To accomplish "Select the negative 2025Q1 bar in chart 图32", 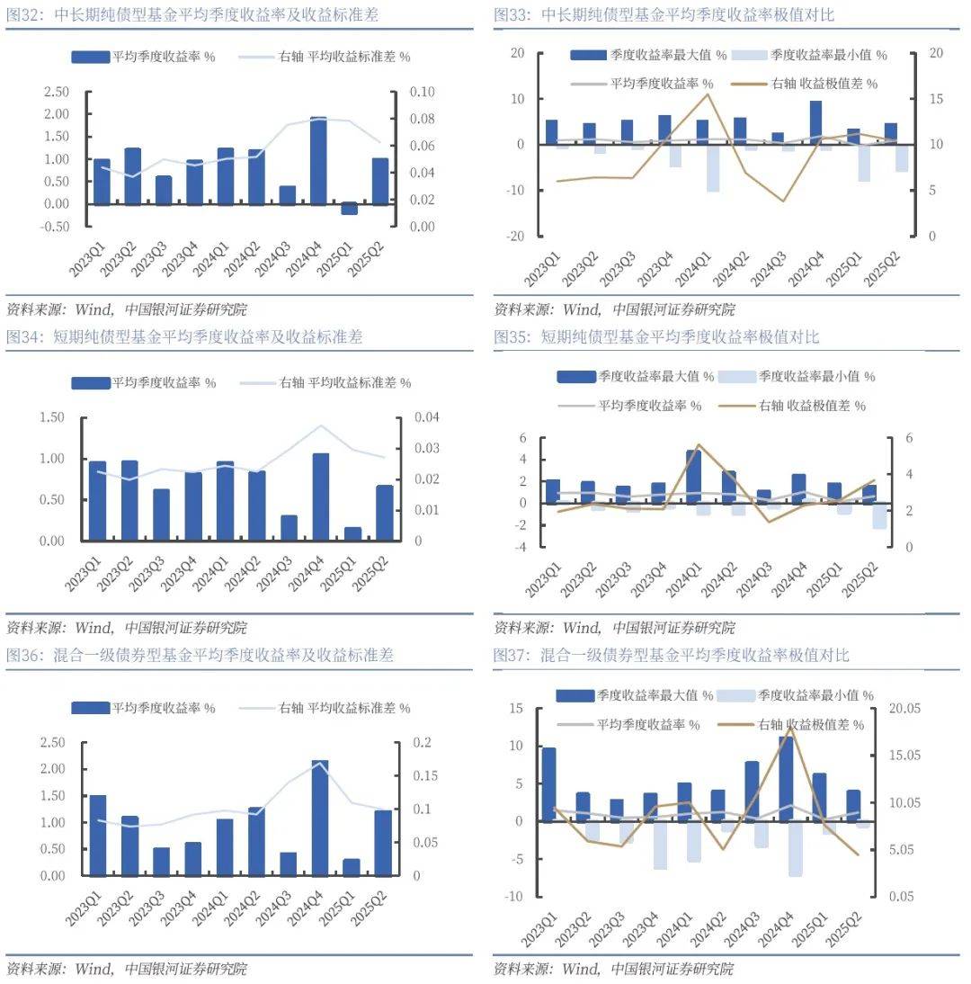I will [349, 209].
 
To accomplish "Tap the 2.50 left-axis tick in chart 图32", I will [56, 92].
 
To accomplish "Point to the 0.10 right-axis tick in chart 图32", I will [423, 92].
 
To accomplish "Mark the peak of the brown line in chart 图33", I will [707, 94].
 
